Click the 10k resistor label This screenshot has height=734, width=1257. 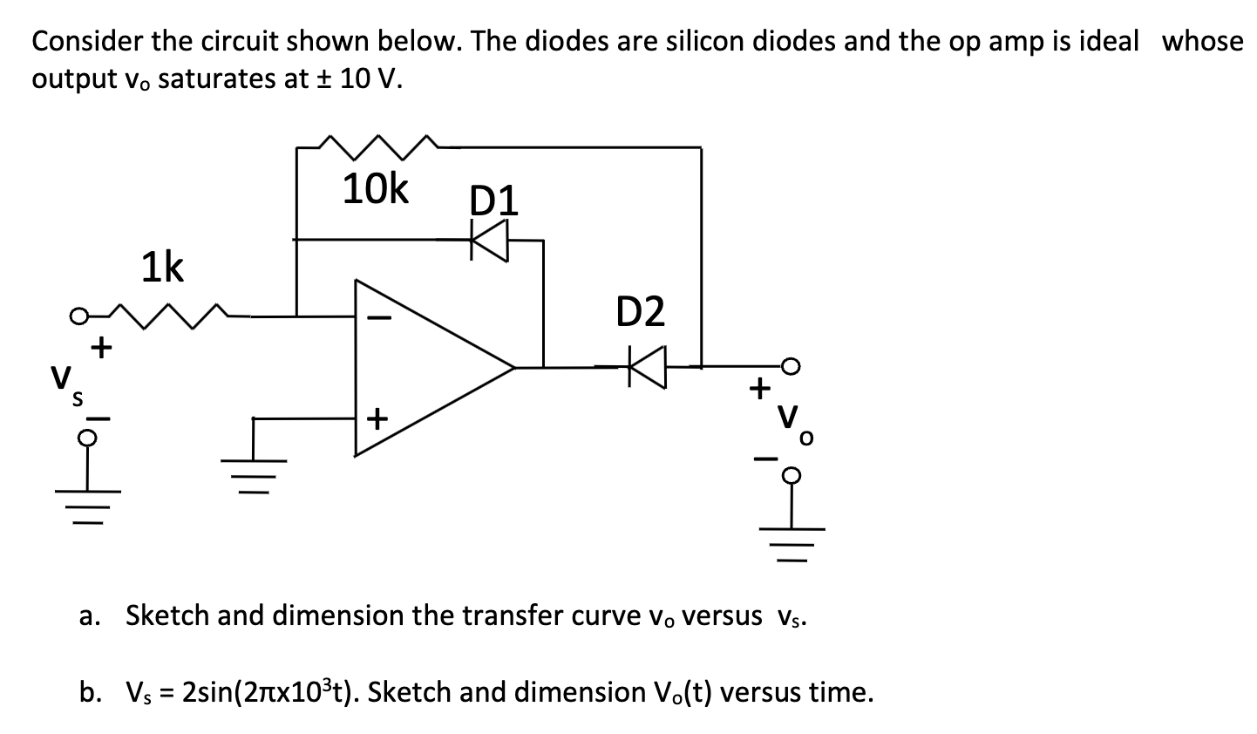click(375, 189)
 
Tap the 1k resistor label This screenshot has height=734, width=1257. click(163, 268)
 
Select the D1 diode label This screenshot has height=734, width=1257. click(493, 200)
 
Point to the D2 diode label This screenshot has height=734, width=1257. click(640, 311)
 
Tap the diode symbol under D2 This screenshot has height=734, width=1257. click(647, 367)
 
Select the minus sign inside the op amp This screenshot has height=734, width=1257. click(377, 319)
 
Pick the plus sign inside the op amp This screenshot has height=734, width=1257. click(377, 419)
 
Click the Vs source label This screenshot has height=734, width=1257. click(66, 383)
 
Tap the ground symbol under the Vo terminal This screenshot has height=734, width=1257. click(792, 535)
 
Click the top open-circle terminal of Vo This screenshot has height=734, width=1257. click(792, 367)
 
